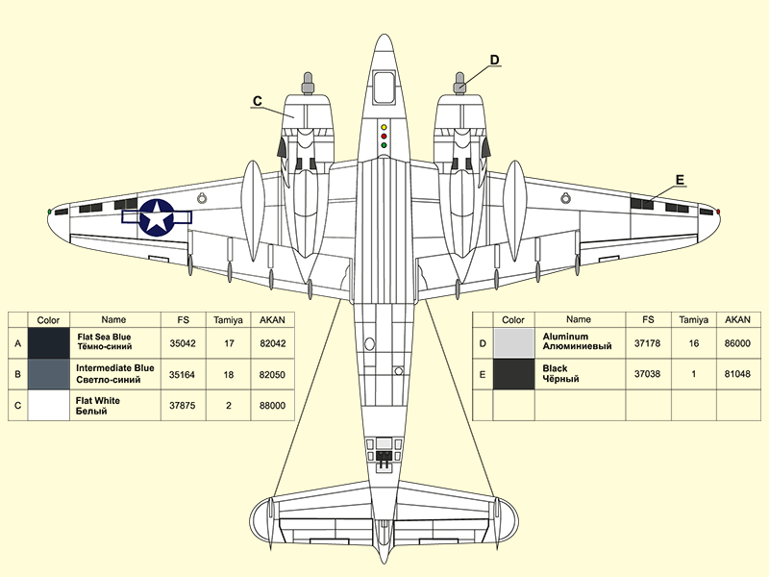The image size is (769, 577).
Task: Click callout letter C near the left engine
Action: point(257,100)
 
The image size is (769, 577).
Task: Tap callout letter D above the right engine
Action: point(494,60)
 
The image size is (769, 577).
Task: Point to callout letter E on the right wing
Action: point(680,180)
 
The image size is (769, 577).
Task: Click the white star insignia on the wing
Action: point(157,216)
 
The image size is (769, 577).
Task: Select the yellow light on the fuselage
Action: point(384,126)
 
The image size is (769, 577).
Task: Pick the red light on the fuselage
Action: point(384,136)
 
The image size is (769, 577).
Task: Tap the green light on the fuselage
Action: point(384,145)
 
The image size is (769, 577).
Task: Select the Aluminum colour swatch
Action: point(513,342)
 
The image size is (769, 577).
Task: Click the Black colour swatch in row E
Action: point(513,374)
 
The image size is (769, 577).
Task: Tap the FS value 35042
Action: point(182,342)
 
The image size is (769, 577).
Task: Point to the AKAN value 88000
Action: point(273,406)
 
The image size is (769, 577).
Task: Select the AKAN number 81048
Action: point(737,374)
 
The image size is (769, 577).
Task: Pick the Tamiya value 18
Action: point(230,374)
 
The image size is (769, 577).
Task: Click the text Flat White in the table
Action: point(98,400)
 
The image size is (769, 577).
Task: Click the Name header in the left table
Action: point(113,319)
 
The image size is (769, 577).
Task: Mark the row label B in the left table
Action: point(17,374)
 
